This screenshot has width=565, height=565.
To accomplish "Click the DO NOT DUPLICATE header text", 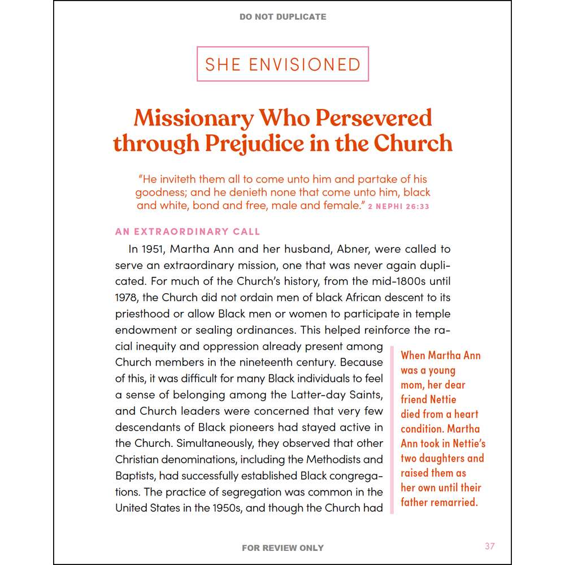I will tap(282, 17).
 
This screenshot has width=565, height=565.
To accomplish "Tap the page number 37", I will tap(490, 546).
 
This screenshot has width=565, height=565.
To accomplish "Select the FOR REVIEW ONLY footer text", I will tap(282, 547).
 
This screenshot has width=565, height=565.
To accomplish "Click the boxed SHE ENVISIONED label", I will tap(282, 64).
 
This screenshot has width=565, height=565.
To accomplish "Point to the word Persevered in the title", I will tap(373, 118).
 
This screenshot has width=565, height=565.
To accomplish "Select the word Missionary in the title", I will tap(193, 118).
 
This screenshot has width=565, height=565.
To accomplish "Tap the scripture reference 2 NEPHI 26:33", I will tap(398, 207).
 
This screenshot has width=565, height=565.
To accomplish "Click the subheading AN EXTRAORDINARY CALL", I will tap(188, 232).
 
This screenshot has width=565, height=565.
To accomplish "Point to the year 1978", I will tap(127, 297).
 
